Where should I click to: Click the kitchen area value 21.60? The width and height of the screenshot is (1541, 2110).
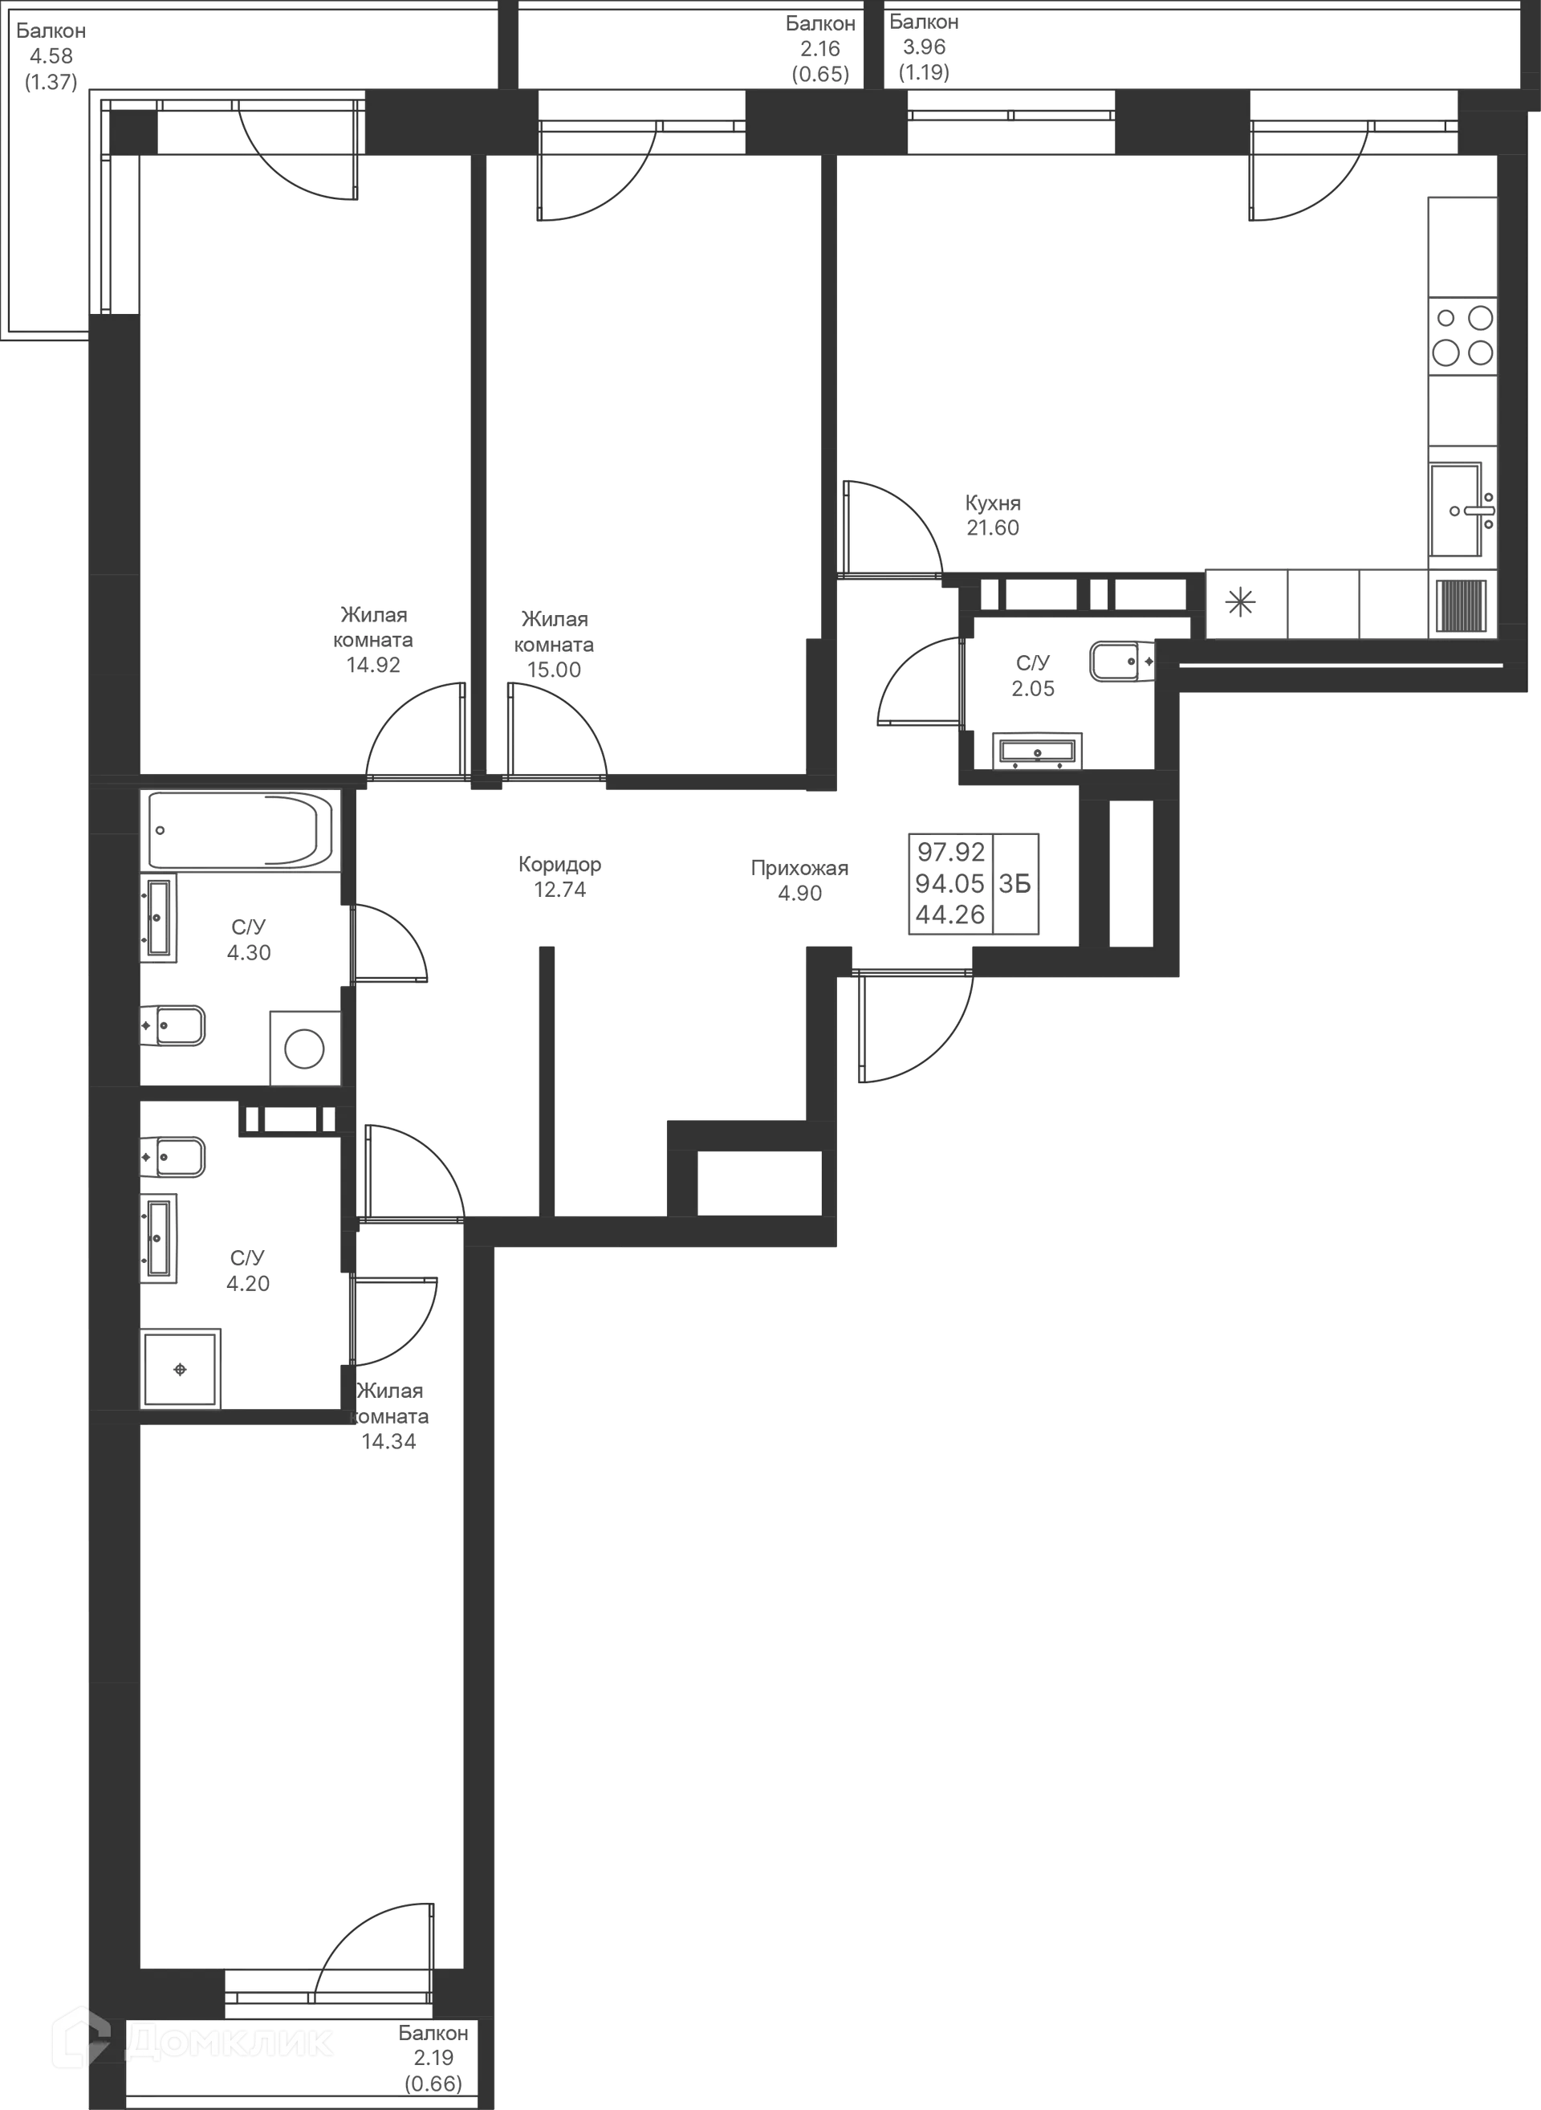tap(993, 528)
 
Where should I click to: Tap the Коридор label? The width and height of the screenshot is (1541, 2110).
tap(559, 864)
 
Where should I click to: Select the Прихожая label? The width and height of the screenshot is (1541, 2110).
tap(799, 869)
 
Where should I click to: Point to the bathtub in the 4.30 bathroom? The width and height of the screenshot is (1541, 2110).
tap(241, 830)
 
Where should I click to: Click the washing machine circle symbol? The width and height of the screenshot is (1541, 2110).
tap(304, 1049)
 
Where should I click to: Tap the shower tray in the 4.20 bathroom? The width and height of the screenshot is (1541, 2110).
tap(181, 1368)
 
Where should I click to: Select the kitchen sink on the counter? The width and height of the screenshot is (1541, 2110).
tap(1462, 511)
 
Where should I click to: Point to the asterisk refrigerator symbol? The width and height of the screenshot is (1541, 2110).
tap(1241, 604)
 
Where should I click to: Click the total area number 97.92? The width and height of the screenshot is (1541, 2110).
tap(950, 851)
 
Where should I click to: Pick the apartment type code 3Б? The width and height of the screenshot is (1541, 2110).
tap(1015, 884)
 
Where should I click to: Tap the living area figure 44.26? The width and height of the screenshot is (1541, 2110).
tap(949, 914)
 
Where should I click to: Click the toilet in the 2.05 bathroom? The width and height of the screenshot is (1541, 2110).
tap(1122, 661)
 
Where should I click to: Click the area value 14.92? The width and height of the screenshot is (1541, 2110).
tap(373, 666)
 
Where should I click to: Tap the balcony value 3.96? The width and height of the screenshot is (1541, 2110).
tap(924, 47)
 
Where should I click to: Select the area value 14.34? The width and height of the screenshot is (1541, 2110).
tap(389, 1442)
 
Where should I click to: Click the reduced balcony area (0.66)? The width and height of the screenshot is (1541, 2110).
tap(433, 2083)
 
